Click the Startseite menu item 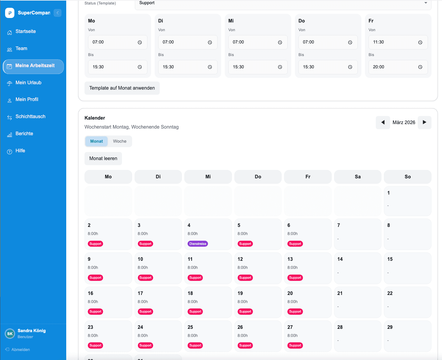[x=25, y=31]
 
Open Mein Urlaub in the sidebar [x=28, y=83]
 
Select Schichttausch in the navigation [x=30, y=117]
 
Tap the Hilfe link [x=20, y=151]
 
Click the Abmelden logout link [x=20, y=350]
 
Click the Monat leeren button [x=103, y=159]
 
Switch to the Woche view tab [x=120, y=141]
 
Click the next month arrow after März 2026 [x=424, y=122]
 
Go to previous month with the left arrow [x=383, y=122]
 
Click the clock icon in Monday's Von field [x=140, y=43]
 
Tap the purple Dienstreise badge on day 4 [x=198, y=244]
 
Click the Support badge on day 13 [x=295, y=278]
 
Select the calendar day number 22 [x=390, y=293]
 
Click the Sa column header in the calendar [x=357, y=177]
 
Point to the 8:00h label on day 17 [x=143, y=302]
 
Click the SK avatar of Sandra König [x=10, y=334]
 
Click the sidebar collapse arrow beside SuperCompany [x=58, y=13]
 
